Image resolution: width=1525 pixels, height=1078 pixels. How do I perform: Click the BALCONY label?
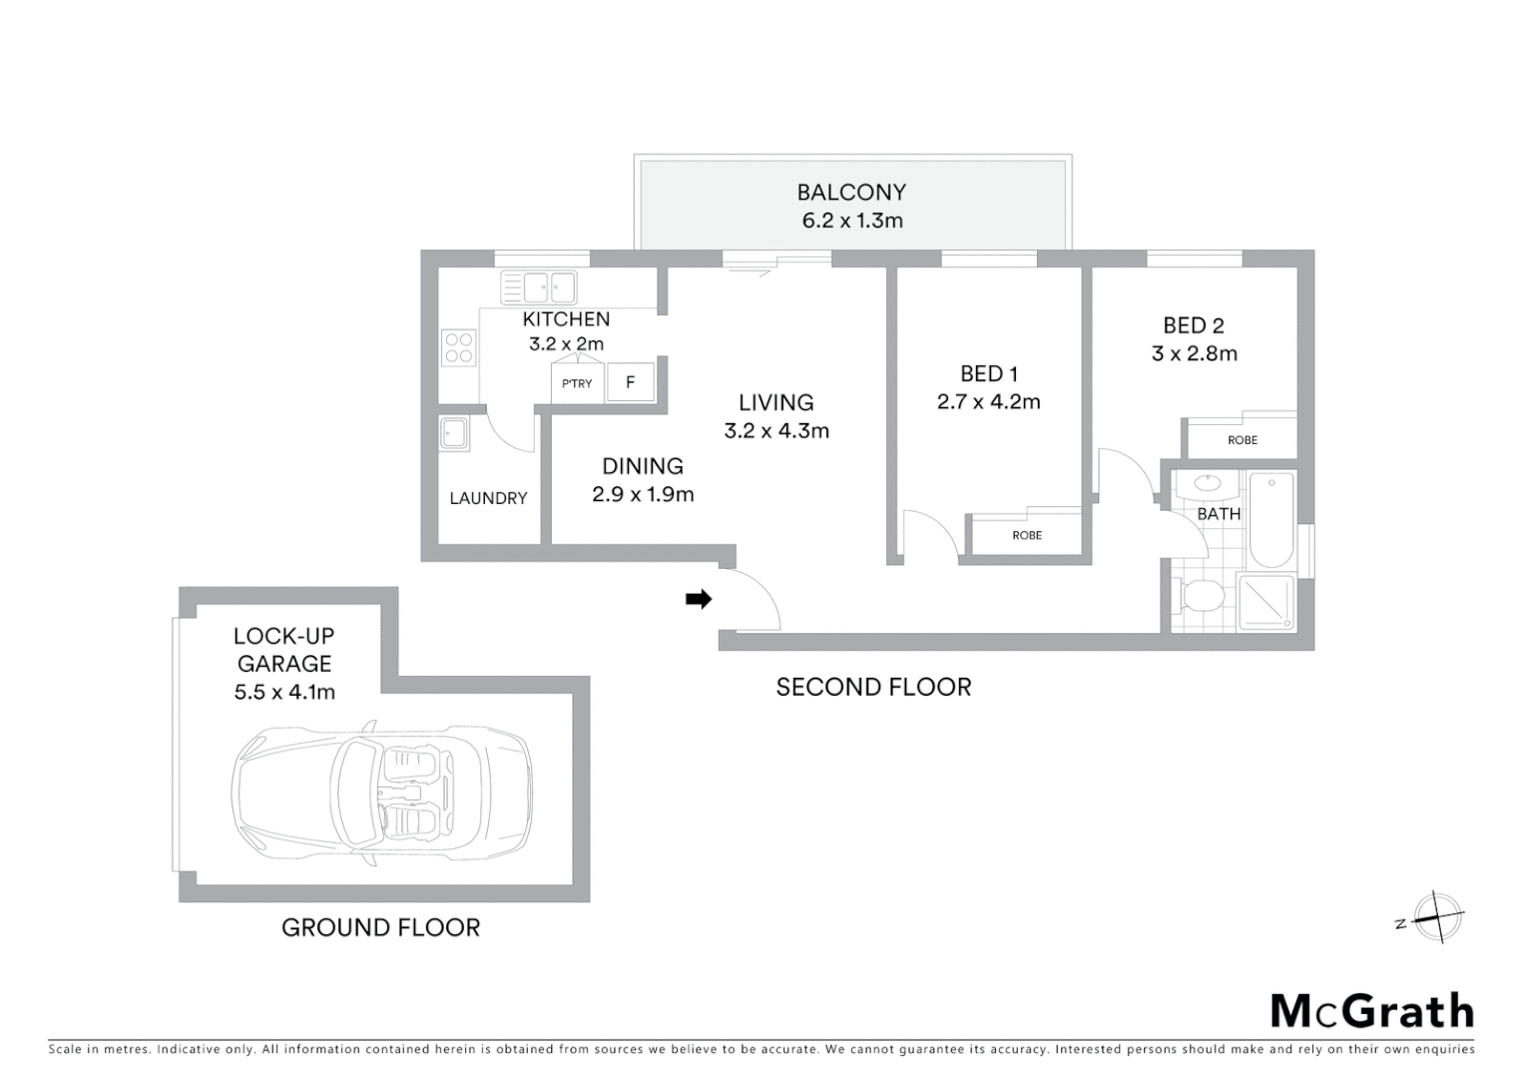(851, 192)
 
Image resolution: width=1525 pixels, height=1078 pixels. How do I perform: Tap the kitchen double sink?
(539, 287)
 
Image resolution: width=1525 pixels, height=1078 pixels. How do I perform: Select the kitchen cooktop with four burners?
(459, 348)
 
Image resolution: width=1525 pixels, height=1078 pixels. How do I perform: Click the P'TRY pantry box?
(577, 383)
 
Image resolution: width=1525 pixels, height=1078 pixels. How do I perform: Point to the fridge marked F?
(630, 382)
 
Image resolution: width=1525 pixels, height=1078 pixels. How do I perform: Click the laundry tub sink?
(454, 434)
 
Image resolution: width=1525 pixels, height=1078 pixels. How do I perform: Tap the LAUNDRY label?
(488, 498)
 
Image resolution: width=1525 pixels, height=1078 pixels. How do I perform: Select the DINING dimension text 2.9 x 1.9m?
(643, 494)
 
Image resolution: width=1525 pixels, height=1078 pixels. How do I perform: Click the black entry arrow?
(699, 599)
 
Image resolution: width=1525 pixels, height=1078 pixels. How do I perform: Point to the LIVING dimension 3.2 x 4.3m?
(776, 431)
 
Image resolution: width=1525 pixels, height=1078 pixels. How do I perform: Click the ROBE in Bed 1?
(1026, 535)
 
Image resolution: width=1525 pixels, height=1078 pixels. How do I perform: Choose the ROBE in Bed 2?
(1242, 439)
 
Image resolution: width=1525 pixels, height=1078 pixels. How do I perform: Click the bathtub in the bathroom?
(1271, 519)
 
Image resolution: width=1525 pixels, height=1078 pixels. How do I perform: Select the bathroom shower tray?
(1266, 602)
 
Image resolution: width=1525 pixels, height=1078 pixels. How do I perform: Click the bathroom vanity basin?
(1207, 484)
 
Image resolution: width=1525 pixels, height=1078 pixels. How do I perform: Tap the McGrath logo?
(1371, 1011)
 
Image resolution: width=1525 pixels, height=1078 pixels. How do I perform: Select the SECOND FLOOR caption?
(873, 687)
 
